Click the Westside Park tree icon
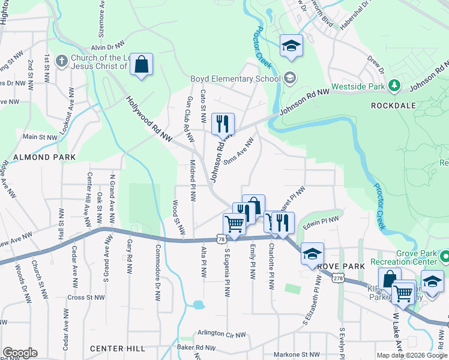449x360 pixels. point(394,86)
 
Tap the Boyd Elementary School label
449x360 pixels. point(235,79)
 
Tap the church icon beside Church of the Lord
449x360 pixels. point(61,61)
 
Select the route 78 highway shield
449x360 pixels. point(221,239)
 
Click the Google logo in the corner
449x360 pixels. point(20,353)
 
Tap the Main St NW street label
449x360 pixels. point(40,137)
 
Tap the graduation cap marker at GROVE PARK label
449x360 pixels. point(312,253)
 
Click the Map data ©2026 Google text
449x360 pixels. point(412,355)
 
